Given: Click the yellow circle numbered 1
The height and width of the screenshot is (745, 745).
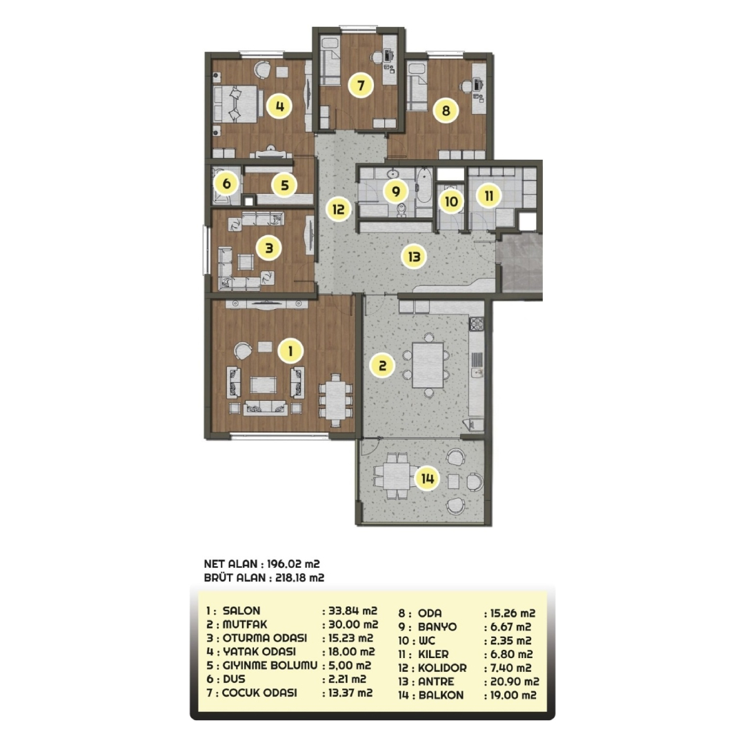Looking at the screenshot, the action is click(290, 351).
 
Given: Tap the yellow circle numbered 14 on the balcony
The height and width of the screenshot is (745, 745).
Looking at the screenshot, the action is click(427, 479).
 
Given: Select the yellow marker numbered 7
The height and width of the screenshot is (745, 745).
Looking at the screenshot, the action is click(361, 86).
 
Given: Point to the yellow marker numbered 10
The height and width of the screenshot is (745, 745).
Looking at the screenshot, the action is click(451, 201).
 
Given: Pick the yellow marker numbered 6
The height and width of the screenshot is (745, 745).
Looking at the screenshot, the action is click(226, 183).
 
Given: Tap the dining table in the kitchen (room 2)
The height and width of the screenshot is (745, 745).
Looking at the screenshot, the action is click(428, 365).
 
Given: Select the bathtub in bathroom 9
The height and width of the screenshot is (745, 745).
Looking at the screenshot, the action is click(423, 186).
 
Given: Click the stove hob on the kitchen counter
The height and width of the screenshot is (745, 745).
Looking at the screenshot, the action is click(477, 324).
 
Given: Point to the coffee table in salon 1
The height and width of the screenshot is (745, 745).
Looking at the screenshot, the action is click(264, 385).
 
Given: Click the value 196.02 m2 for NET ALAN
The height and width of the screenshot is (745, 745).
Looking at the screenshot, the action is click(294, 564).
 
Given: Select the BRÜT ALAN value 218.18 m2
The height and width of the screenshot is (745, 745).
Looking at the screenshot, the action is click(300, 578).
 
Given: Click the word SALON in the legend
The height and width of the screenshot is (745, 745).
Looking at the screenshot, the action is click(241, 610).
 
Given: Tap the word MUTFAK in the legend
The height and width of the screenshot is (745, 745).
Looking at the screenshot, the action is click(245, 624).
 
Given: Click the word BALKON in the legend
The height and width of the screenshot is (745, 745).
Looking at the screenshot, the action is click(441, 695).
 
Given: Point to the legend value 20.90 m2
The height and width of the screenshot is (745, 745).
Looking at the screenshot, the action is click(515, 682).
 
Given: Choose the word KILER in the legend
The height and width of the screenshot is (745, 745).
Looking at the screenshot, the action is click(433, 654).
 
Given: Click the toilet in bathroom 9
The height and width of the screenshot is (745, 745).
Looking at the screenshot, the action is click(401, 209).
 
